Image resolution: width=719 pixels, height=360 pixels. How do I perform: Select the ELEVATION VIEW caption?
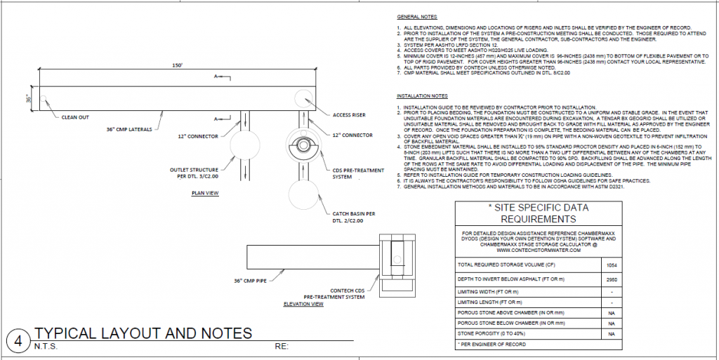(303, 304)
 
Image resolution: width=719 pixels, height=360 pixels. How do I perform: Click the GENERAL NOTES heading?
(416, 15)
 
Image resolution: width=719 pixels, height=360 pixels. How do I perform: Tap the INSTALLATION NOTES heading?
(422, 95)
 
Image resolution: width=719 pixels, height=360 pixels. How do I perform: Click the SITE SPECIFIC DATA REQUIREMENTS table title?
(538, 213)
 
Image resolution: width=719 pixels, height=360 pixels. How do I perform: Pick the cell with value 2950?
(611, 279)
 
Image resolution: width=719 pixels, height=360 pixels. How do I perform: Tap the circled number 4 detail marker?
(17, 341)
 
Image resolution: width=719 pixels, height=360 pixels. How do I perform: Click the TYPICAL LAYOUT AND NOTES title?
(143, 333)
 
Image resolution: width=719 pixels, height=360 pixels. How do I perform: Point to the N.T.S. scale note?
(45, 347)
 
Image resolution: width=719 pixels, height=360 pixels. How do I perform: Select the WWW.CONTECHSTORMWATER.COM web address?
(538, 250)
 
